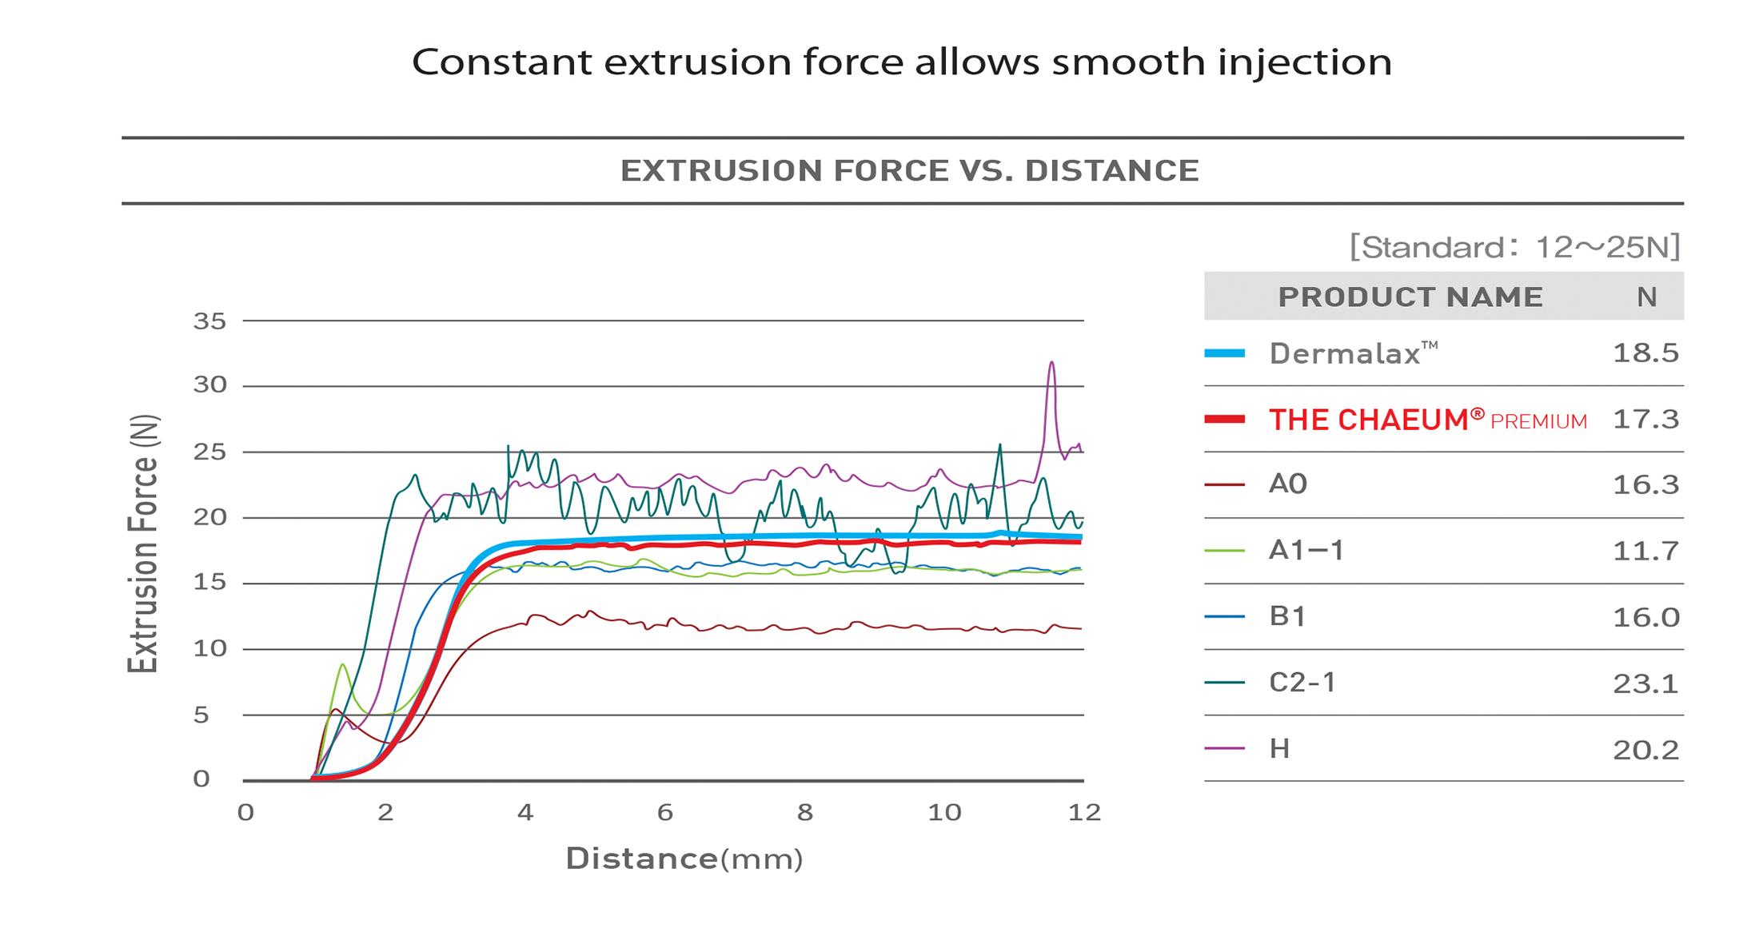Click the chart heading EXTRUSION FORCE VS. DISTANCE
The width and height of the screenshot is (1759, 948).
(x=909, y=170)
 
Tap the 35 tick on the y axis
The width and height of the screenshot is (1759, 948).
(x=209, y=321)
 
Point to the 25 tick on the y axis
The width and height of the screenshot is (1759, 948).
(x=209, y=452)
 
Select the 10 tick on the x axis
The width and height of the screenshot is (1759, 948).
(x=943, y=813)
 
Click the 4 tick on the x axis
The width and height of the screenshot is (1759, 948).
(x=525, y=813)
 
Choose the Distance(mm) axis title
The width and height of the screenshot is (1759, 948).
(x=684, y=859)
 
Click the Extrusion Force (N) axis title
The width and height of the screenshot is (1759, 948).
(x=144, y=544)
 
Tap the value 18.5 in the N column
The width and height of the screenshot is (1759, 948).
(x=1645, y=353)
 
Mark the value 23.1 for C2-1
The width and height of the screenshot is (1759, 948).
(x=1645, y=683)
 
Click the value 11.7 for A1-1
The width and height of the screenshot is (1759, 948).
(x=1645, y=551)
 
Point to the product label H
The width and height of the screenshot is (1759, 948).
(x=1279, y=749)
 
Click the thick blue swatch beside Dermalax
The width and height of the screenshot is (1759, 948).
(x=1224, y=353)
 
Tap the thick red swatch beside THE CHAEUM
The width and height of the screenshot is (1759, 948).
(x=1224, y=419)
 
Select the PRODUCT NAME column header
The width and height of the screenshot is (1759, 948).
(x=1410, y=297)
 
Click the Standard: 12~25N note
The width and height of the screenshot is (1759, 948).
(x=1514, y=247)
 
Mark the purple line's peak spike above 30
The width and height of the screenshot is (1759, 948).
(x=1051, y=364)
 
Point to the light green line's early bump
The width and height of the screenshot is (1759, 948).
(x=342, y=665)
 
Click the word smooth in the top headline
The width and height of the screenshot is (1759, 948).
(x=1128, y=62)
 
